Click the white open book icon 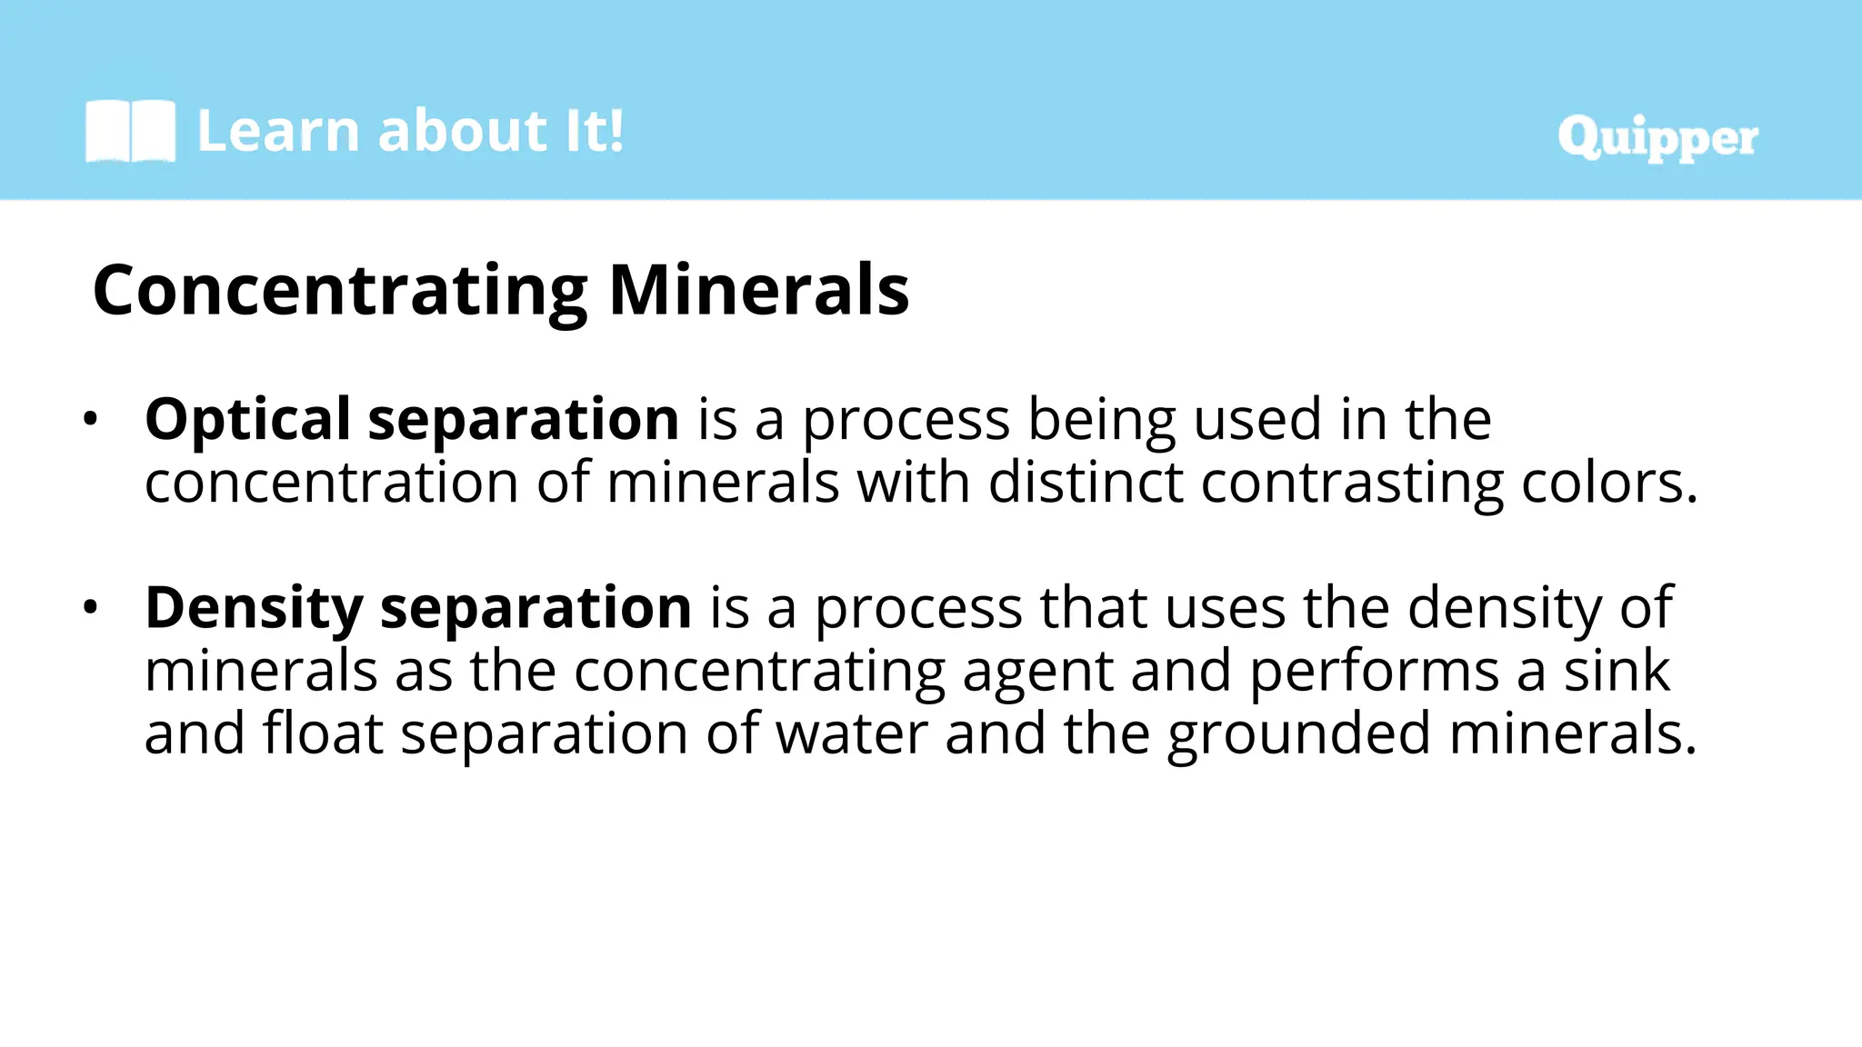130,131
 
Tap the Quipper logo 1657,138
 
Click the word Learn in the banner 278,131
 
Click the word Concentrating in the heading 340,291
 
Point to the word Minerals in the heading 759,291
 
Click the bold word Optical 247,420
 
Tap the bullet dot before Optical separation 89,420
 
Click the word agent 1036,673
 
